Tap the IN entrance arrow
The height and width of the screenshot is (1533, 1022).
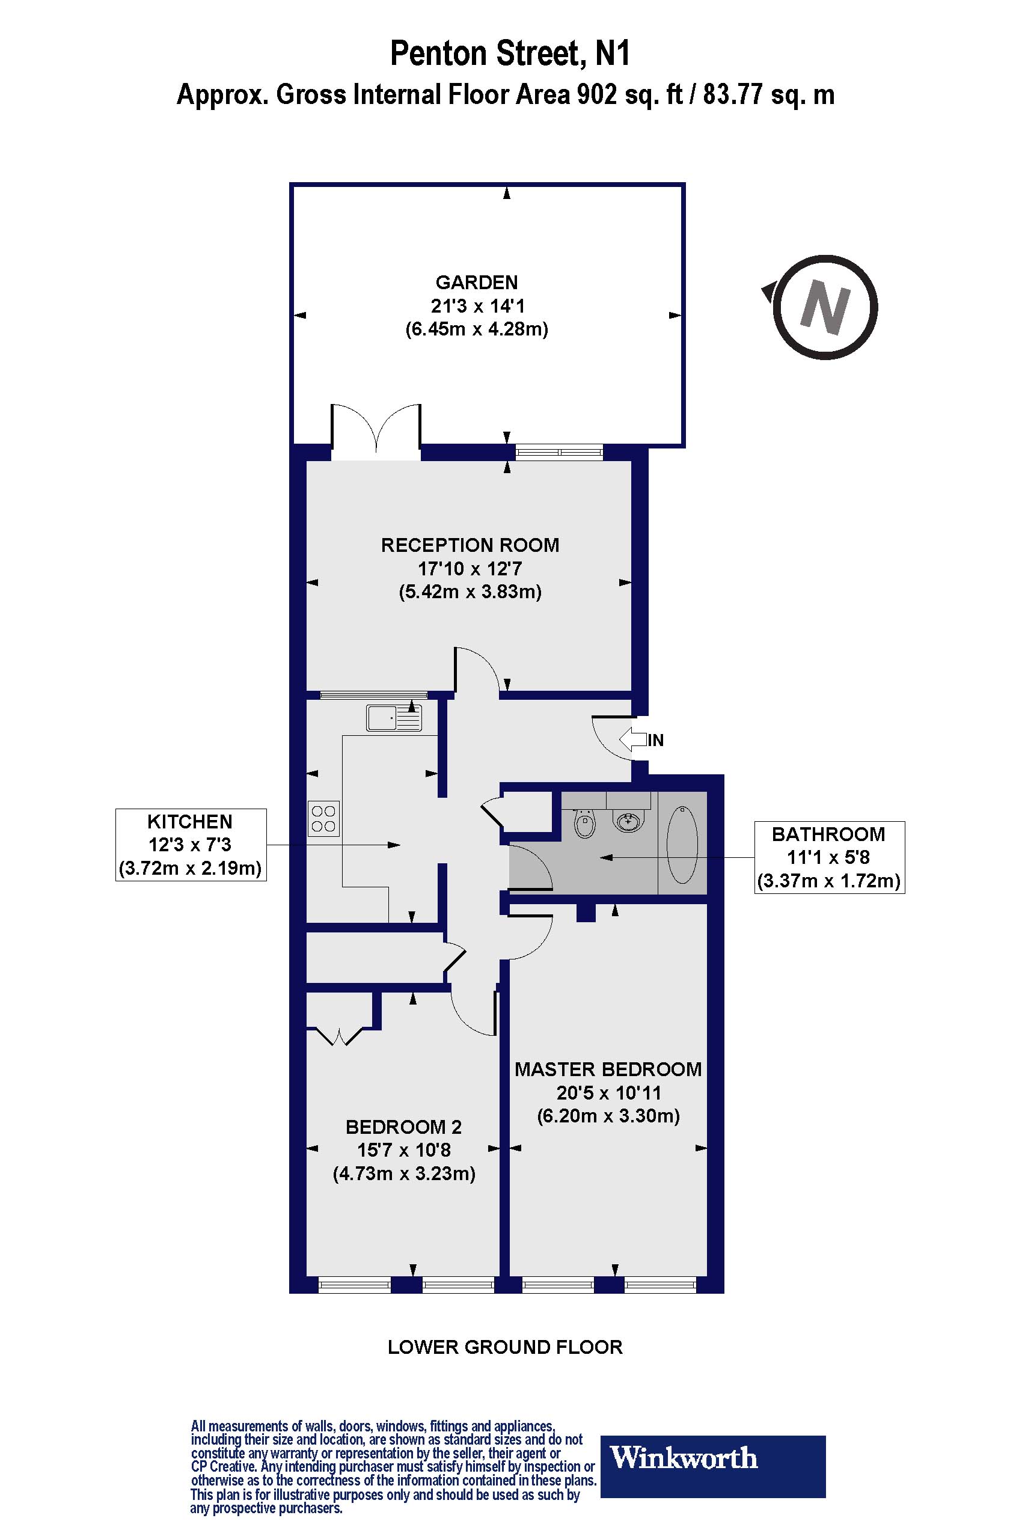[x=632, y=740]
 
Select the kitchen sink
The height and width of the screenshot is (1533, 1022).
[x=394, y=718]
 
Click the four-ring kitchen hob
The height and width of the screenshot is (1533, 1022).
[x=323, y=819]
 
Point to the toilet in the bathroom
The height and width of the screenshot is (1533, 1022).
[x=585, y=824]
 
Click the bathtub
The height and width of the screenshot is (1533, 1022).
[x=682, y=844]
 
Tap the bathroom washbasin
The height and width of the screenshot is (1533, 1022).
[x=628, y=821]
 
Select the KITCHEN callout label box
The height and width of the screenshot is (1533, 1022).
[x=191, y=845]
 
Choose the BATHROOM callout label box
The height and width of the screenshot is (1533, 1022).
[x=829, y=857]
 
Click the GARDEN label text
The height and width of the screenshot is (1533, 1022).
[x=477, y=282]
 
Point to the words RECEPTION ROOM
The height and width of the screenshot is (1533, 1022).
[x=470, y=545]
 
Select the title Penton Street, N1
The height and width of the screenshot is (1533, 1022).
[x=510, y=54]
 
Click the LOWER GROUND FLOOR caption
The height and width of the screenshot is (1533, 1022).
[x=505, y=1360]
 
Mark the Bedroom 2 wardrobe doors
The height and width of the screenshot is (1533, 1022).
[x=340, y=1036]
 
